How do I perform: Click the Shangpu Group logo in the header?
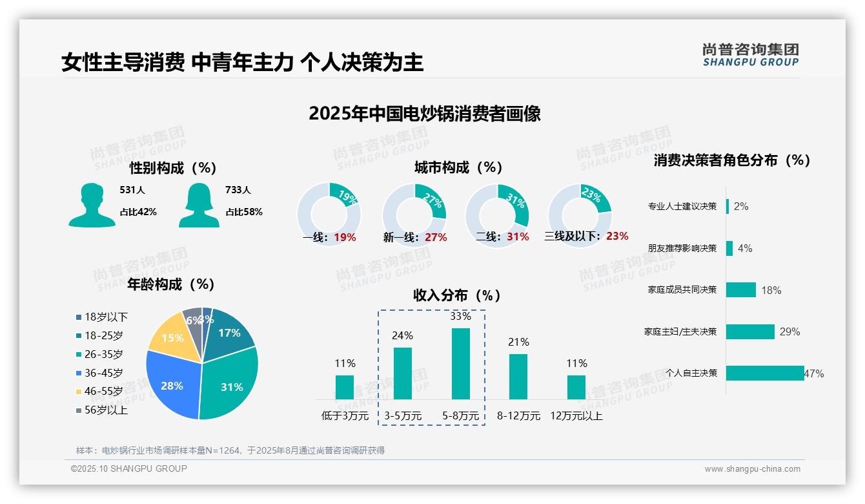click(x=750, y=54)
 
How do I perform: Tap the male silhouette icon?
click(x=92, y=205)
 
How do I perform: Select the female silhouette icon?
click(x=199, y=205)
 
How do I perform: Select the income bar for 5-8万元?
click(x=460, y=364)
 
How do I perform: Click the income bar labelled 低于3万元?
click(x=345, y=387)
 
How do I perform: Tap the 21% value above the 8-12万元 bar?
click(x=518, y=342)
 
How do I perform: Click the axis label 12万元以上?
click(x=576, y=416)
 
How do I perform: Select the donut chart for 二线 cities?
click(x=497, y=215)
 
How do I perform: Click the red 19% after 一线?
click(x=345, y=237)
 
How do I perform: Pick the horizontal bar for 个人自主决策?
click(x=765, y=373)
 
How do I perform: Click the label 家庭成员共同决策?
click(x=682, y=289)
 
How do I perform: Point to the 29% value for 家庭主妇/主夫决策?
click(x=789, y=331)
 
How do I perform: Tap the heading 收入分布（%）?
click(x=457, y=295)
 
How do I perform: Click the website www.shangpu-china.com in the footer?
click(x=752, y=469)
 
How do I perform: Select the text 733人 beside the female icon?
click(x=238, y=190)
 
